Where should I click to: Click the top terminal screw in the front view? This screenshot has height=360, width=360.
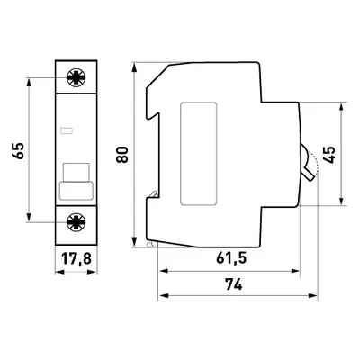coord(76,77)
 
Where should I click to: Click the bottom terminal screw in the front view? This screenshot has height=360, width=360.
coord(76,222)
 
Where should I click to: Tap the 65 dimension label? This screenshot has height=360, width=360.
coord(18,151)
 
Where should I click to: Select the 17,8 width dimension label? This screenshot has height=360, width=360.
coord(76,258)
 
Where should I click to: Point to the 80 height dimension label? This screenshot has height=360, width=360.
coord(122,155)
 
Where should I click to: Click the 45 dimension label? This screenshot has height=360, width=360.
coord(329,155)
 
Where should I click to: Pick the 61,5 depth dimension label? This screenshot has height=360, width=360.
coord(231,258)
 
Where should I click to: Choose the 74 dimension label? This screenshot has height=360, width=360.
coord(234,284)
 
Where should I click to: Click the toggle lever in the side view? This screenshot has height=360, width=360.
coord(307,163)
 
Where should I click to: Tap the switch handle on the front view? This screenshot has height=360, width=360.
coord(76,182)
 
